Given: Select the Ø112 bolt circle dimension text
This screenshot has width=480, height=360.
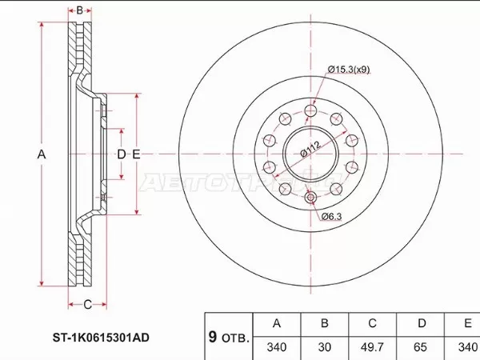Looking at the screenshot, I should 310,149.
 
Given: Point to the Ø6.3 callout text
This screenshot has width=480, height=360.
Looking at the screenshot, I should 333,217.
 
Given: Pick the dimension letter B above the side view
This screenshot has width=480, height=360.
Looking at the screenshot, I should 80,10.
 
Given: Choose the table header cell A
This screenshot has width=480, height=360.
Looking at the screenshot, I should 277,324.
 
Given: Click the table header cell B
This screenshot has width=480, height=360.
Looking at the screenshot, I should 323,324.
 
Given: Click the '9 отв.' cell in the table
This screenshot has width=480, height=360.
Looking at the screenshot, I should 228,336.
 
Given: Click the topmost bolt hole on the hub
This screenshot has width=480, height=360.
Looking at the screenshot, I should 310,110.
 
